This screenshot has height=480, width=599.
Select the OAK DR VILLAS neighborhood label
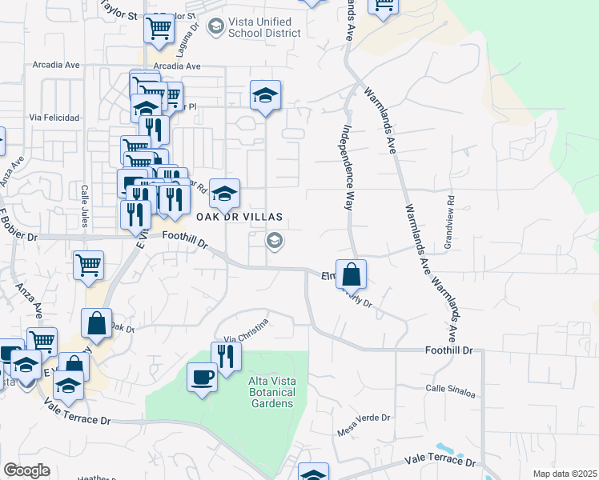(x=238, y=217)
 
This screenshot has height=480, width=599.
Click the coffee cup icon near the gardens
(x=202, y=377)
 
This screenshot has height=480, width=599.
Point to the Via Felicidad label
(x=54, y=118)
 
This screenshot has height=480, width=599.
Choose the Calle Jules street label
(x=83, y=206)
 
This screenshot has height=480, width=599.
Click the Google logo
(x=27, y=470)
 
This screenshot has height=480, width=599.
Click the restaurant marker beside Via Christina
(x=226, y=357)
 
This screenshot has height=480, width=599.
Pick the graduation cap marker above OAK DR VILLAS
(x=225, y=193)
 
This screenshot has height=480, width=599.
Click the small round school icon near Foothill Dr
(x=274, y=240)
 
